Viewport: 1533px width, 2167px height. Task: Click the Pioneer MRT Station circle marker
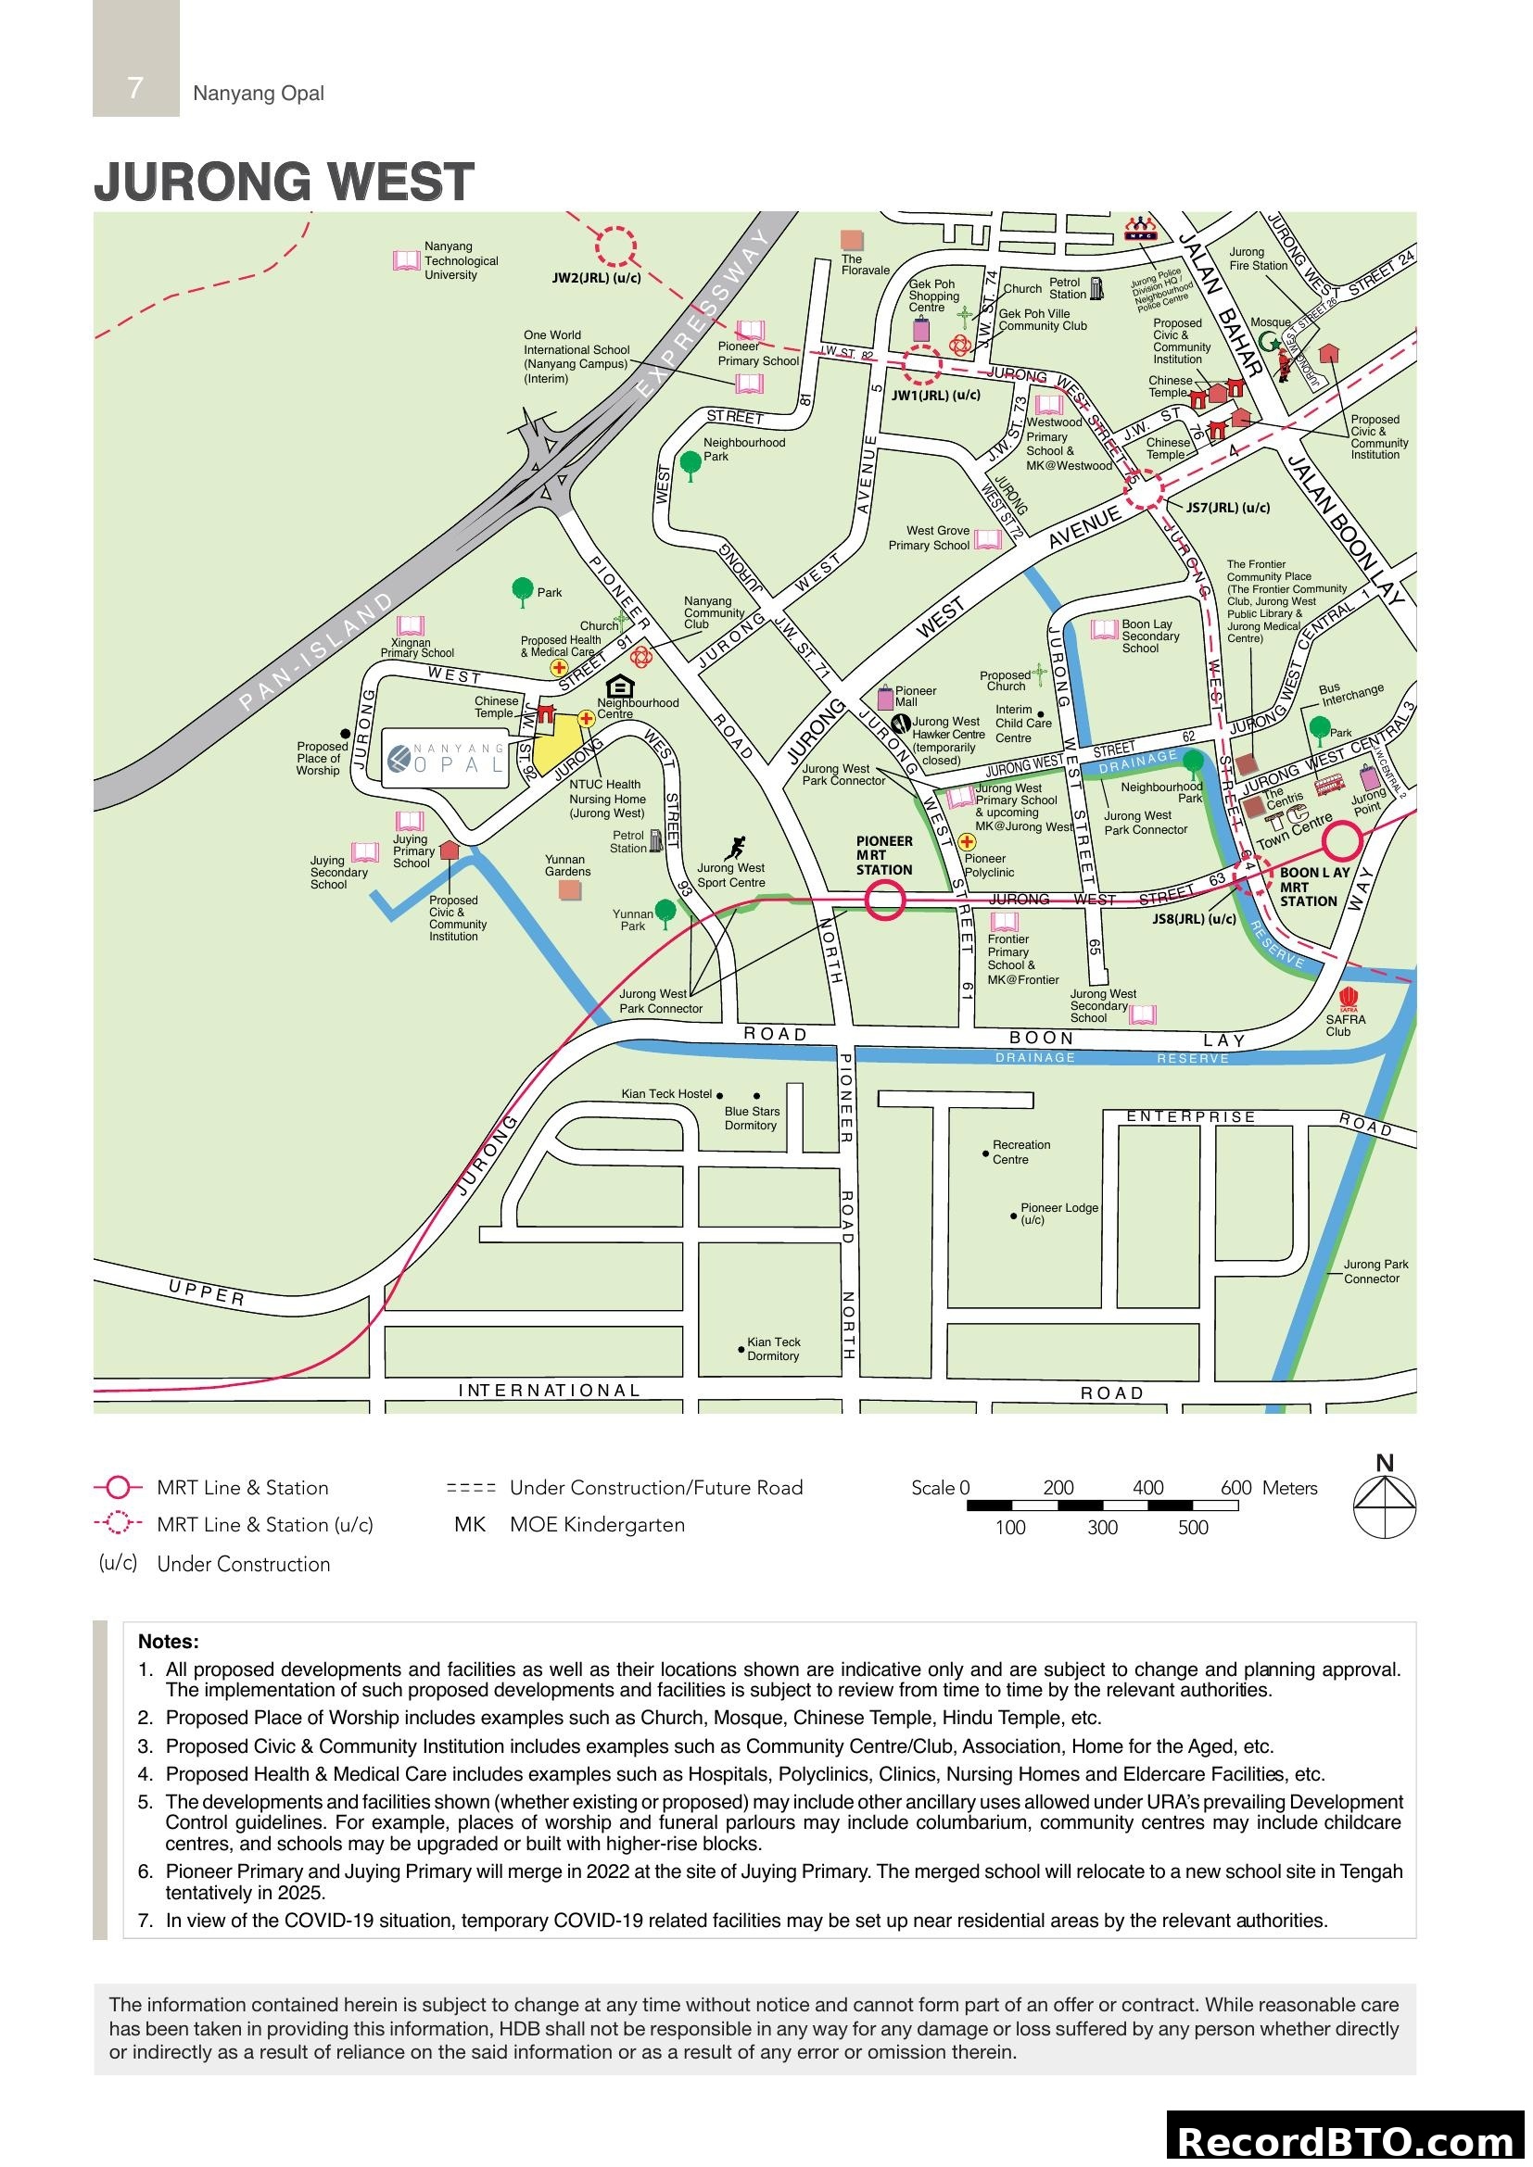(884, 900)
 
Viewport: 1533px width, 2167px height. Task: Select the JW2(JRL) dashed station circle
(615, 246)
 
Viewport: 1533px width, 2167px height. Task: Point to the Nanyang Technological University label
(461, 260)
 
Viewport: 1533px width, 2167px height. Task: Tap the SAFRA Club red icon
(1348, 999)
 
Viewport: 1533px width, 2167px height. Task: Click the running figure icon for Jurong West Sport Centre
(736, 847)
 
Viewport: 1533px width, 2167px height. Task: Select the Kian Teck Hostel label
(665, 1094)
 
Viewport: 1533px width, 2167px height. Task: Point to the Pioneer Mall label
(915, 697)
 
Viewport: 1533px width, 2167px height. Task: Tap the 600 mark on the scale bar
(1235, 1489)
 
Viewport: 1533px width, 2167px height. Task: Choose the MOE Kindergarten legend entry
(597, 1525)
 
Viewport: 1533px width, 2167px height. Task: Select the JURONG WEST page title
(284, 182)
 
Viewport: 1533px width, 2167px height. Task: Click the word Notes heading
(168, 1642)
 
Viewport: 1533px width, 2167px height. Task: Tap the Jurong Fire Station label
(1258, 258)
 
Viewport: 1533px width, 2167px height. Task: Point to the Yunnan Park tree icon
(665, 912)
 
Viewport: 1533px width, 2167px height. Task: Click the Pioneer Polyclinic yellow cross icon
(967, 842)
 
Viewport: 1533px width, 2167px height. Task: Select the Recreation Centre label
(1020, 1152)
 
